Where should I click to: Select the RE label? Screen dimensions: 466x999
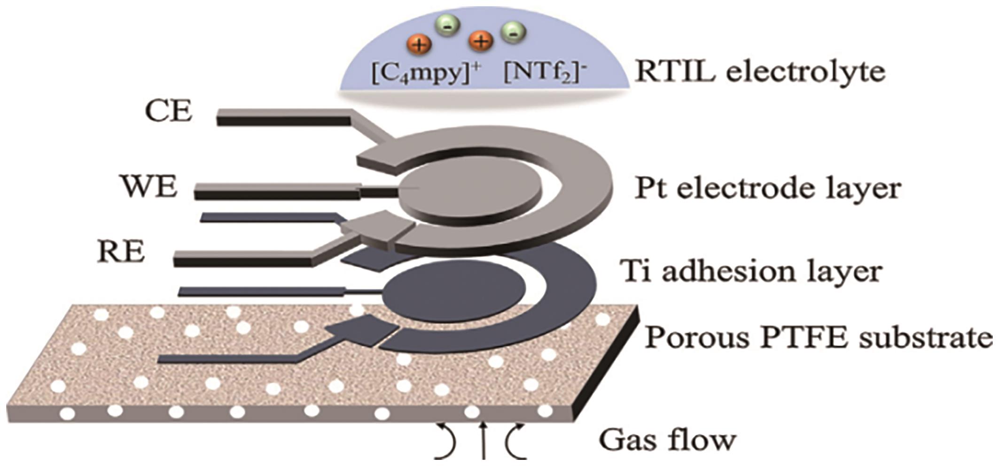point(121,252)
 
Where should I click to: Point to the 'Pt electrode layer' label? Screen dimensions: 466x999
point(767,189)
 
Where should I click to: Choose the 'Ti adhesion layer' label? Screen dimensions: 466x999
point(750,271)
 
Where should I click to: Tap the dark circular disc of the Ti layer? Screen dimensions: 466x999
point(453,291)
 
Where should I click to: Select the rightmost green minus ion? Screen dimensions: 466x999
point(513,32)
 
